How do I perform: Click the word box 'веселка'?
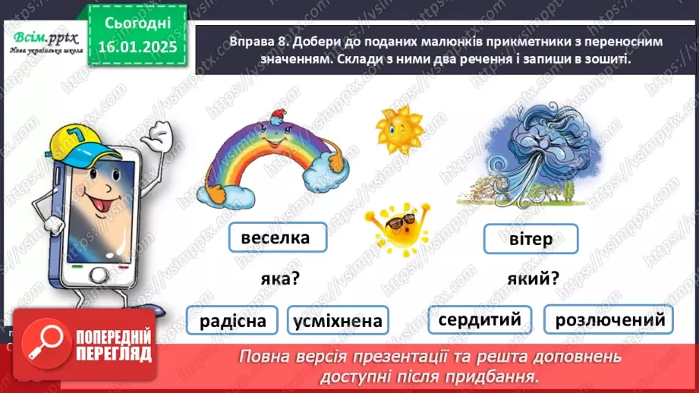pyautogui.click(x=276, y=237)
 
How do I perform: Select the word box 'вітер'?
pyautogui.click(x=531, y=240)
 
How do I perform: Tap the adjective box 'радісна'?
pyautogui.click(x=233, y=321)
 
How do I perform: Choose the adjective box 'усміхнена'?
pyautogui.click(x=337, y=321)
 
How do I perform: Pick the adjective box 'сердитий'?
pyautogui.click(x=479, y=319)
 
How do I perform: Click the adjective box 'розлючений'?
pyautogui.click(x=609, y=319)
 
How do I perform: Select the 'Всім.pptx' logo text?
pyautogui.click(x=41, y=39)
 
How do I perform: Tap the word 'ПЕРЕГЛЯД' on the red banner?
pyautogui.click(x=113, y=354)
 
